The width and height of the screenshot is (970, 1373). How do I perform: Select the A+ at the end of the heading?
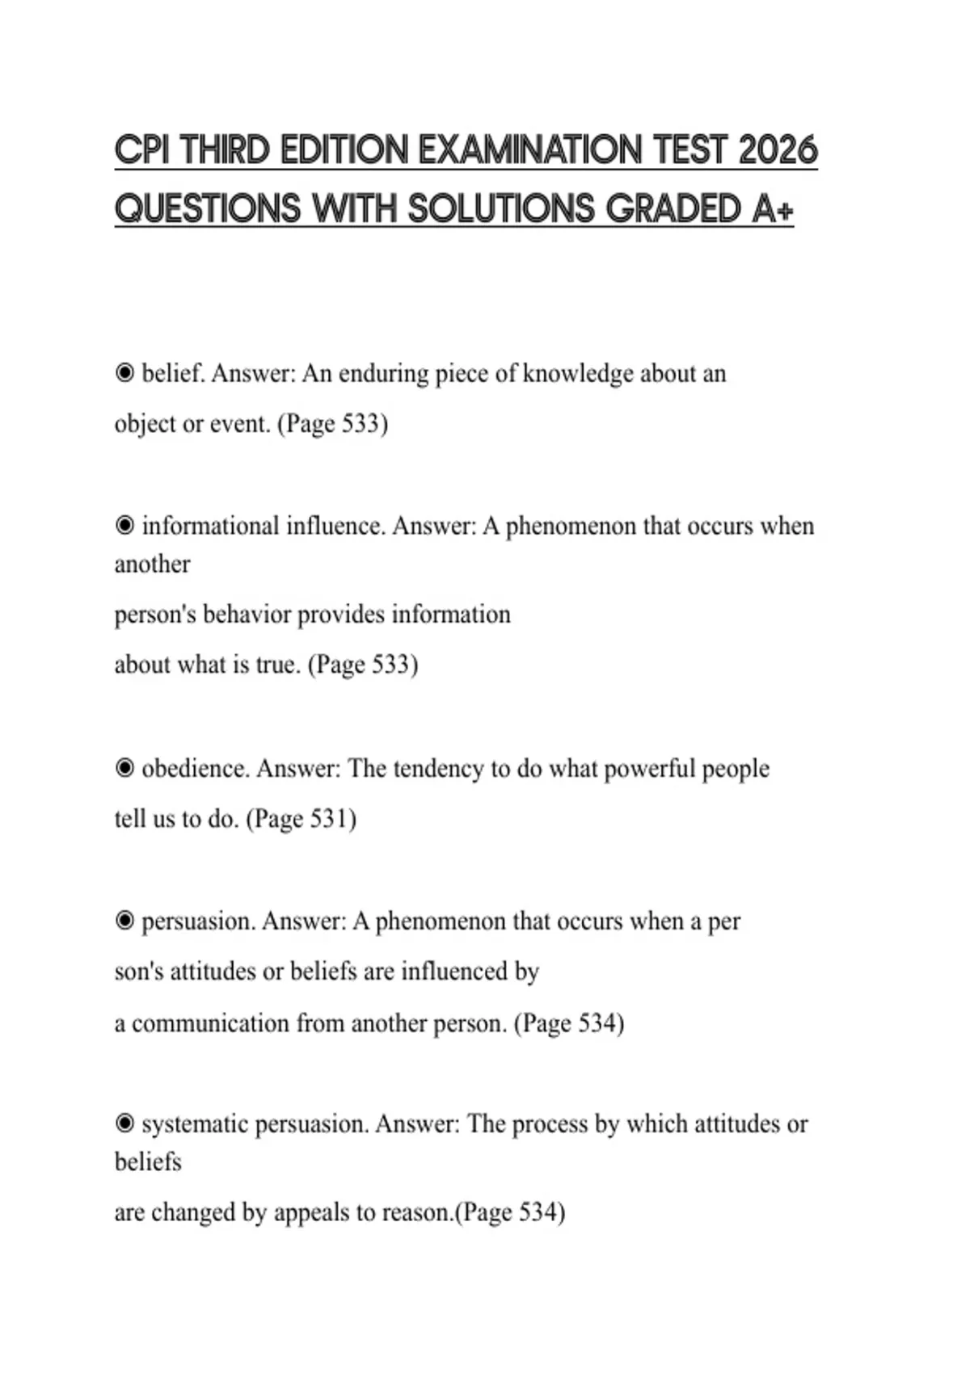pos(772,209)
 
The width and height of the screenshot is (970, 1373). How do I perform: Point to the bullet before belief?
pos(124,373)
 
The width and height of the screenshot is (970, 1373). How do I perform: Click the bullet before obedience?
pos(124,768)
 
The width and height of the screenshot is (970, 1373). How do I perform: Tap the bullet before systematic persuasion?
pos(124,1123)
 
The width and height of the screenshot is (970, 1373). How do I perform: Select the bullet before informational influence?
pos(124,526)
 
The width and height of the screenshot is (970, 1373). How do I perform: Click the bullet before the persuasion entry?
pos(124,921)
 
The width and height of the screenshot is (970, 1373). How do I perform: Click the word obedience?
pos(194,768)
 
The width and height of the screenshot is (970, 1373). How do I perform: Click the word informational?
pos(210,526)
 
